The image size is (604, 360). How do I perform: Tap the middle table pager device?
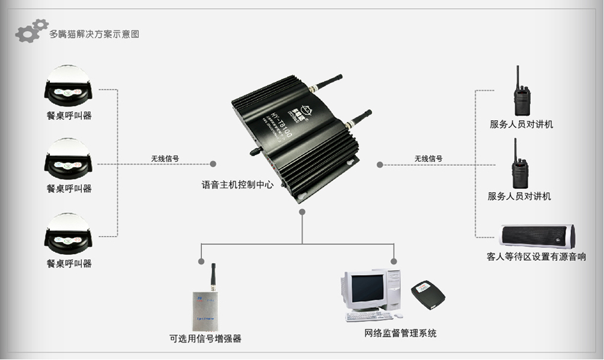[69, 160]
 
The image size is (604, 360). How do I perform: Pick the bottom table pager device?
[69, 235]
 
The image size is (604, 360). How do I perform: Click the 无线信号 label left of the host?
[165, 159]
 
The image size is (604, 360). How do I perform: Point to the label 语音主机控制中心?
[237, 185]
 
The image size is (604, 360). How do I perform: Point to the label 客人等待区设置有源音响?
[537, 257]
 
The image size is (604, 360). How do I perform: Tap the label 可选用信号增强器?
[206, 338]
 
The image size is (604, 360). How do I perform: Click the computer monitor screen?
[364, 289]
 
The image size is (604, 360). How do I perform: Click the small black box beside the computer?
[428, 295]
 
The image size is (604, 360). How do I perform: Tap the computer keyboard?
[369, 316]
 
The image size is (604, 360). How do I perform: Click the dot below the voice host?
[302, 212]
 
